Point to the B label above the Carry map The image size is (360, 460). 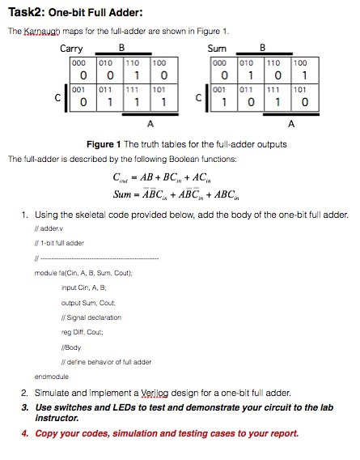click(121, 49)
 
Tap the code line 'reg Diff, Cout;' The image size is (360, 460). click(83, 332)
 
